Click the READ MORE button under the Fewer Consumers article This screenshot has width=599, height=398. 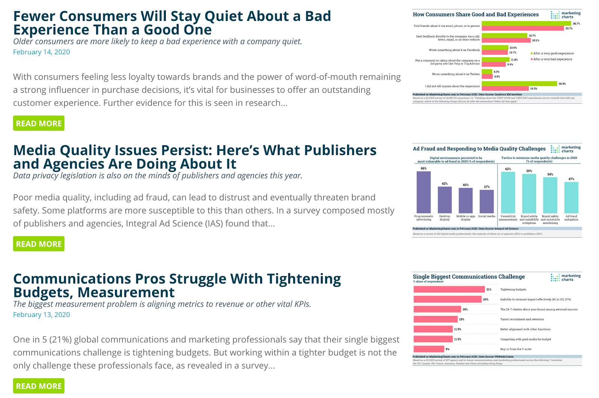tap(39, 123)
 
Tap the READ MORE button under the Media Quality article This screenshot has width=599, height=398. tap(39, 244)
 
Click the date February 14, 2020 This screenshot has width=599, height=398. tap(41, 52)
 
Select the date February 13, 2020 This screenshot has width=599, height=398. tap(41, 315)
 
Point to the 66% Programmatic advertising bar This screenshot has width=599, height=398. tap(423, 192)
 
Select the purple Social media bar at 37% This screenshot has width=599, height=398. tap(486, 201)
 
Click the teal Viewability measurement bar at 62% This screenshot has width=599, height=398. tap(508, 192)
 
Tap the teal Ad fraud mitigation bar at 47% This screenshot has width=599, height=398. tap(571, 197)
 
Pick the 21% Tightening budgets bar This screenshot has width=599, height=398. tap(449, 289)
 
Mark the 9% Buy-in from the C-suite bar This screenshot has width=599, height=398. tap(429, 349)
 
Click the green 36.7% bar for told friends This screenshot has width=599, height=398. tap(526, 24)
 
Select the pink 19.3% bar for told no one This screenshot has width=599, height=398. tap(505, 88)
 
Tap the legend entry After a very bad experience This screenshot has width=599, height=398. tap(552, 59)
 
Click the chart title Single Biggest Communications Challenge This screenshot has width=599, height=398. tap(468, 277)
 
